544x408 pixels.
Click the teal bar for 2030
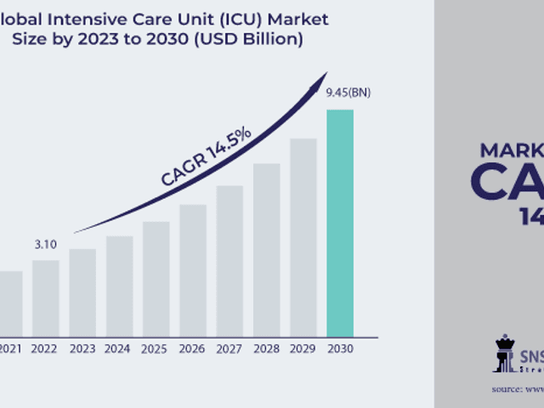point(339,222)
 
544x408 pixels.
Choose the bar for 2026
point(193,269)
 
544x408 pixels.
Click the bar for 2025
point(156,278)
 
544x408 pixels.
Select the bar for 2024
point(120,286)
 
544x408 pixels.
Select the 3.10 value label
point(45,245)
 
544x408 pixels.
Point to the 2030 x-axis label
point(339,348)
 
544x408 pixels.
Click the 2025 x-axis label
point(156,348)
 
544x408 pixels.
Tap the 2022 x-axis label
point(45,348)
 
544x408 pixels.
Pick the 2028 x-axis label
point(266,348)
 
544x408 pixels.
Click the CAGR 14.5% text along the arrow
point(206,156)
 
